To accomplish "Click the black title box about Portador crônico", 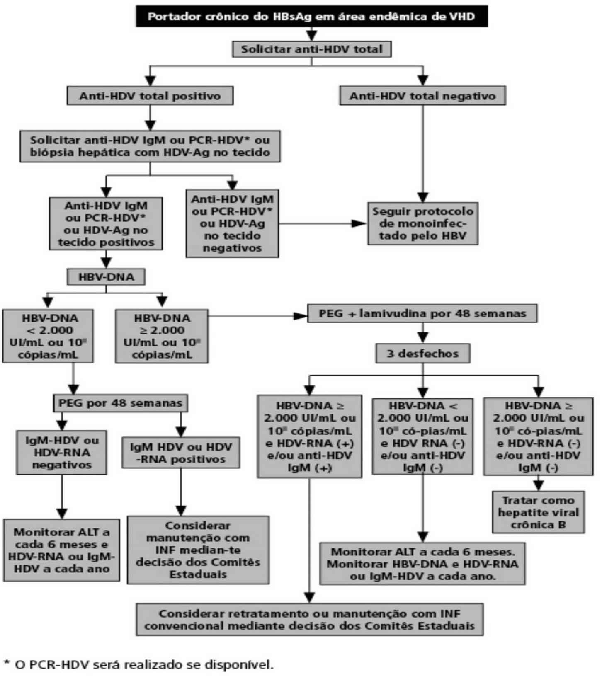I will click(312, 17).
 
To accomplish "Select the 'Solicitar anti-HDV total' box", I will click(312, 49).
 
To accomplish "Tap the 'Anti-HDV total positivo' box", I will click(150, 96).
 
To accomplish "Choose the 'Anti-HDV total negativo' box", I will click(422, 96).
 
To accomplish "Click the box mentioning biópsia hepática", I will click(150, 146).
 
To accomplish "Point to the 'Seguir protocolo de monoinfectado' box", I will click(422, 224).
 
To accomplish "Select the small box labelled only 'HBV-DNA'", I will click(106, 277).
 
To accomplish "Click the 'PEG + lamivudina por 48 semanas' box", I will click(422, 313).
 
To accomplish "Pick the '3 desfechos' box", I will click(423, 354).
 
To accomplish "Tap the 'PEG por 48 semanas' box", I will click(120, 403).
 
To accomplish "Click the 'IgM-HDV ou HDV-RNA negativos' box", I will click(62, 453).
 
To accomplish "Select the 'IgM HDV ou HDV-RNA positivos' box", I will click(181, 453).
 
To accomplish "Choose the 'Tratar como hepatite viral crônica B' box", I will click(538, 513).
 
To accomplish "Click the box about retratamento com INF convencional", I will click(310, 620).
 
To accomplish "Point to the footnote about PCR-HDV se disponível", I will click(139, 665).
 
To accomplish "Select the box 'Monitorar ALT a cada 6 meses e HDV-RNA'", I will click(61, 550).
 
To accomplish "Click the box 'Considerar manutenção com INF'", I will click(198, 550).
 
